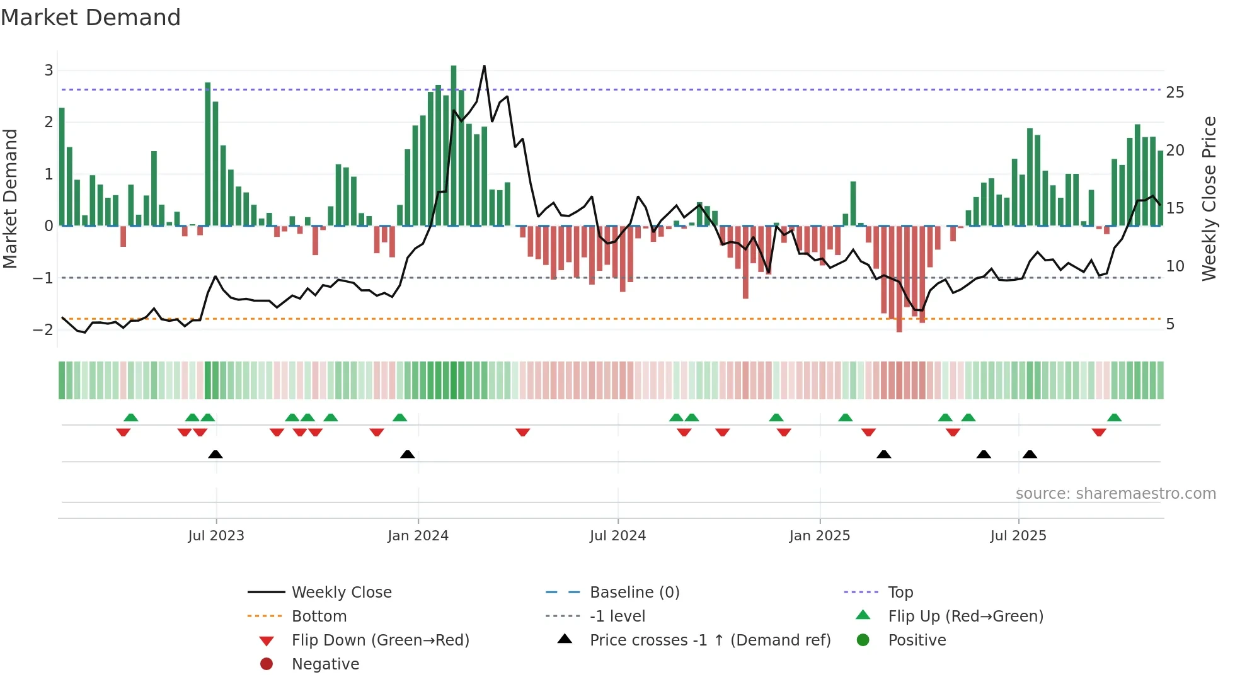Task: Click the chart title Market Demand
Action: point(91,18)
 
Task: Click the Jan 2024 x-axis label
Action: point(418,536)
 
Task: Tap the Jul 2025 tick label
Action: point(1018,536)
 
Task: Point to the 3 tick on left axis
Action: point(49,71)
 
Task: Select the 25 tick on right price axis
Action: point(1175,93)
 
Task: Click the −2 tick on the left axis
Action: point(43,329)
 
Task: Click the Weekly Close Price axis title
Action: point(1209,198)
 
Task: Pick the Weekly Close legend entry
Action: point(341,593)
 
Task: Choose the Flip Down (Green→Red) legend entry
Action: point(380,640)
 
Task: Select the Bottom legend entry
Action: point(319,617)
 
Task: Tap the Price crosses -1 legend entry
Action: point(709,640)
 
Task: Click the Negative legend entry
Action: point(325,664)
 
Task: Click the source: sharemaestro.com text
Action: point(1115,494)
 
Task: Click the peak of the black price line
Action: point(484,66)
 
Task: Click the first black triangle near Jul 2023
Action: point(215,454)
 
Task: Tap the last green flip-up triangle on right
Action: point(1114,418)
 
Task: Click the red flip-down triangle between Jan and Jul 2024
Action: point(522,432)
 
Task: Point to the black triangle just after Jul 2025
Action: point(1030,454)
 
